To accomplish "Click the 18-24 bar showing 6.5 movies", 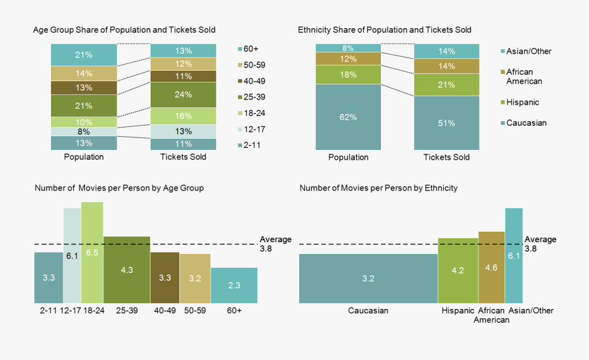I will coord(92,252).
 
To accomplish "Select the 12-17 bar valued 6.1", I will coord(72,255).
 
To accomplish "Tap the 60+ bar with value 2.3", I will coord(234,285).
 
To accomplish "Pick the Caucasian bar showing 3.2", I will coord(368,278).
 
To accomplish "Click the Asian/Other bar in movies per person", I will coord(514,255).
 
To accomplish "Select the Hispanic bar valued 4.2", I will coord(457,270).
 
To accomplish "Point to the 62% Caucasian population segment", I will coord(348,117).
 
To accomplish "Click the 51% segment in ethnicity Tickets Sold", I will coord(446,123).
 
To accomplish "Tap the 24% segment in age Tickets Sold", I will coord(183,94).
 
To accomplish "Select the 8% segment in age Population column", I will coord(84,131).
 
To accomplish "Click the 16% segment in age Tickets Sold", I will coord(183,116).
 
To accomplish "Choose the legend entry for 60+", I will coord(251,49).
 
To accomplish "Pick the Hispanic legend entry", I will coord(522,102).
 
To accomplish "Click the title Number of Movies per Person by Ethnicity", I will coord(378,188).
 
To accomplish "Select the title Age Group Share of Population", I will coord(124,30).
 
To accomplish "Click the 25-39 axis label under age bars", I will coord(126,310).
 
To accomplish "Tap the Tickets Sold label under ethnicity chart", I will coord(446,157).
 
